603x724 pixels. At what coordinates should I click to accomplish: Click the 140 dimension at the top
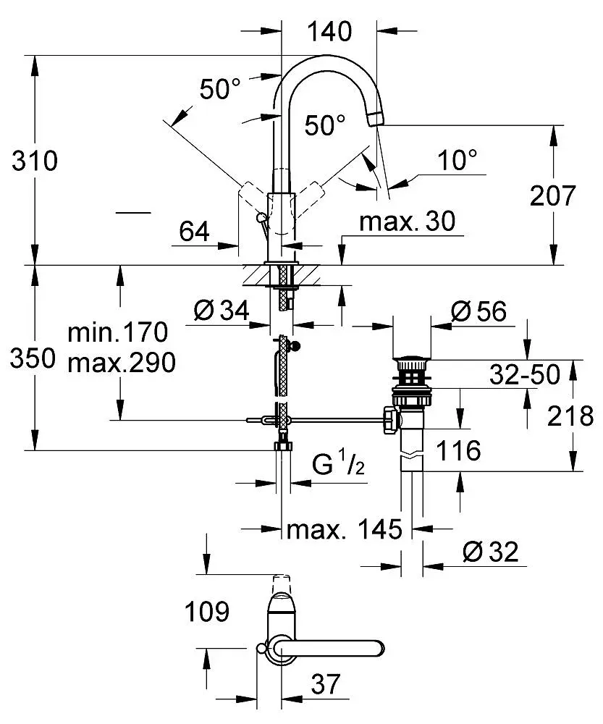[329, 31]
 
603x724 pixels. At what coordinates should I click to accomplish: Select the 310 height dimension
[35, 161]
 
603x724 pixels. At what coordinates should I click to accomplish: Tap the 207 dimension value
[552, 195]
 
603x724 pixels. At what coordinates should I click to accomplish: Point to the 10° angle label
[457, 160]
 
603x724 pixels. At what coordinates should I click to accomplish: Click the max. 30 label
[408, 221]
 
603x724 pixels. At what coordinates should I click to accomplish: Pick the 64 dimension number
[195, 232]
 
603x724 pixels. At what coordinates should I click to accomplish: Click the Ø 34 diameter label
[222, 310]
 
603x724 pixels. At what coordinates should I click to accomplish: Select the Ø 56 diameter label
[478, 311]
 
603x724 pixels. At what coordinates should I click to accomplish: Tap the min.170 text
[118, 332]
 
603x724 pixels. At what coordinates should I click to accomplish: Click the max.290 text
[122, 363]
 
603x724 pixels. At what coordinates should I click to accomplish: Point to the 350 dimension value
[33, 358]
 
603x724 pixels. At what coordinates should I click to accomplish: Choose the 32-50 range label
[525, 374]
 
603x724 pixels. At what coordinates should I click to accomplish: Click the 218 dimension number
[570, 416]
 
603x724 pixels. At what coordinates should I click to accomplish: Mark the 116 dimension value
[458, 450]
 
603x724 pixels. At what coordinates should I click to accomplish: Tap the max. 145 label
[345, 529]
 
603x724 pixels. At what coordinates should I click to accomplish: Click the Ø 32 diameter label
[490, 552]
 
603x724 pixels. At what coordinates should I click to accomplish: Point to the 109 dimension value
[207, 612]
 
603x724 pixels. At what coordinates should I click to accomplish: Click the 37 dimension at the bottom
[326, 684]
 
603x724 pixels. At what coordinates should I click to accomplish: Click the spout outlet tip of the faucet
[376, 120]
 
